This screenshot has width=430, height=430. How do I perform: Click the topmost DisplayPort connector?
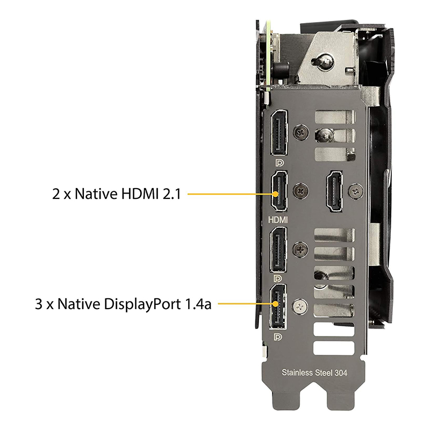tap(279, 133)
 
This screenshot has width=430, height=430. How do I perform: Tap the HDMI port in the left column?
tap(279, 191)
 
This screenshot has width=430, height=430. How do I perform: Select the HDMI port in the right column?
tap(334, 191)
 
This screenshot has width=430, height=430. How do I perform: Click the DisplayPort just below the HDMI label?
tap(278, 250)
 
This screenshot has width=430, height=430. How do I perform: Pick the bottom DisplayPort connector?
tap(278, 306)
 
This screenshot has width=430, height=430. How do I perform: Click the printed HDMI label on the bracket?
tap(278, 220)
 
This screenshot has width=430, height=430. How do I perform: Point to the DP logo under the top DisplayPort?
tap(279, 163)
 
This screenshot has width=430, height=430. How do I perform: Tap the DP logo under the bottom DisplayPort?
tap(278, 337)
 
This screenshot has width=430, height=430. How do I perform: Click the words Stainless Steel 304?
tap(314, 372)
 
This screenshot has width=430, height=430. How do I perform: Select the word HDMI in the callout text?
tap(140, 193)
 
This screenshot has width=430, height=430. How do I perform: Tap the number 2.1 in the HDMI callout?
tap(172, 194)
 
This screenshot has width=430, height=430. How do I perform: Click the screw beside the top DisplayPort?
tap(301, 133)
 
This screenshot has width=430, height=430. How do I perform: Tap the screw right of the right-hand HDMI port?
tap(356, 191)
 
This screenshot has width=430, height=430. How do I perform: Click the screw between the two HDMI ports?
tap(301, 190)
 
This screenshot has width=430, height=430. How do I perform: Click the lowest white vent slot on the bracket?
tap(334, 348)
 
